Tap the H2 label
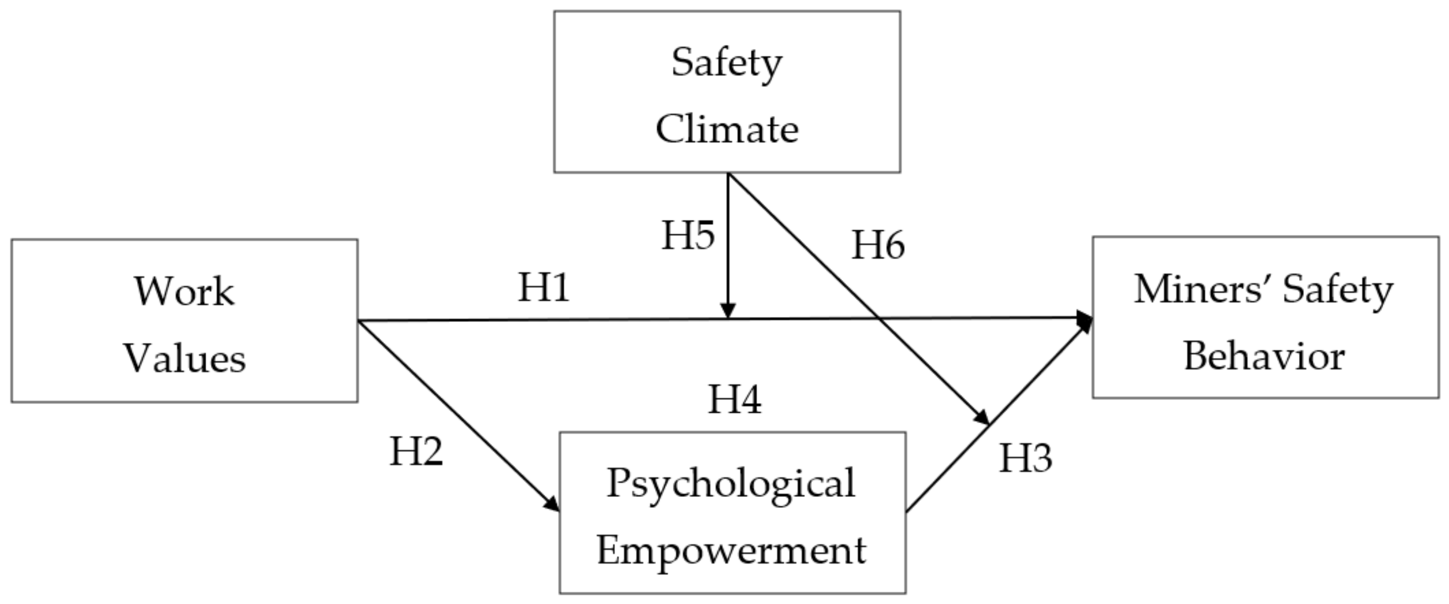pyautogui.click(x=416, y=451)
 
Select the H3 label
pyautogui.click(x=1026, y=458)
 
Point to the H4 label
pyautogui.click(x=734, y=399)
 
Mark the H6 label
pyautogui.click(x=878, y=245)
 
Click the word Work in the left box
pyautogui.click(x=184, y=291)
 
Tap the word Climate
pyautogui.click(x=727, y=129)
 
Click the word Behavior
pyautogui.click(x=1264, y=356)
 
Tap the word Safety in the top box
pyautogui.click(x=727, y=63)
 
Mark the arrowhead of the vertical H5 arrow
pyautogui.click(x=728, y=311)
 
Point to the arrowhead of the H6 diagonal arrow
pyautogui.click(x=982, y=417)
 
